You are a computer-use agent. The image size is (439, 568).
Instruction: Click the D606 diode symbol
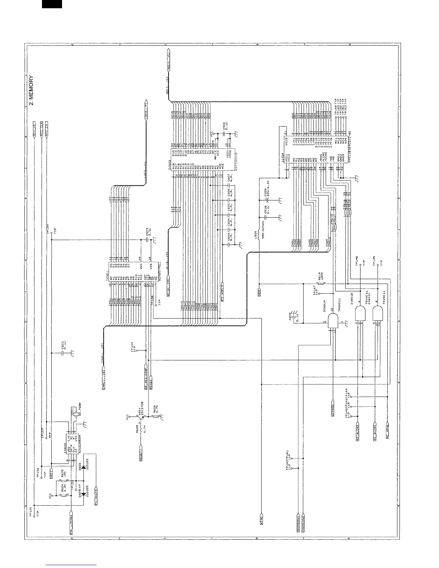tap(84, 467)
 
